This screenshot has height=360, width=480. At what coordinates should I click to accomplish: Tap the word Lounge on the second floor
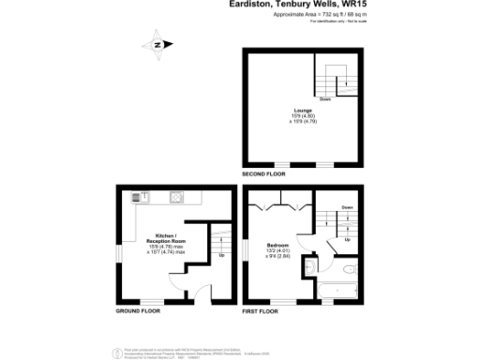click(299, 110)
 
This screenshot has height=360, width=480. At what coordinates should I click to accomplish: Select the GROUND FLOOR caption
click(137, 310)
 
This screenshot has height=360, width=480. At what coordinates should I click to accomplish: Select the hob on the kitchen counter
click(175, 197)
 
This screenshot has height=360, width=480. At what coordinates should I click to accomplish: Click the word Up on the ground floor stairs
click(221, 255)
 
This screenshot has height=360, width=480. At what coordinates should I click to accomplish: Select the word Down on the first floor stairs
click(347, 206)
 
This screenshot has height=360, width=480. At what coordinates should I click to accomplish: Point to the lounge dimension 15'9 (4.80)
click(299, 115)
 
